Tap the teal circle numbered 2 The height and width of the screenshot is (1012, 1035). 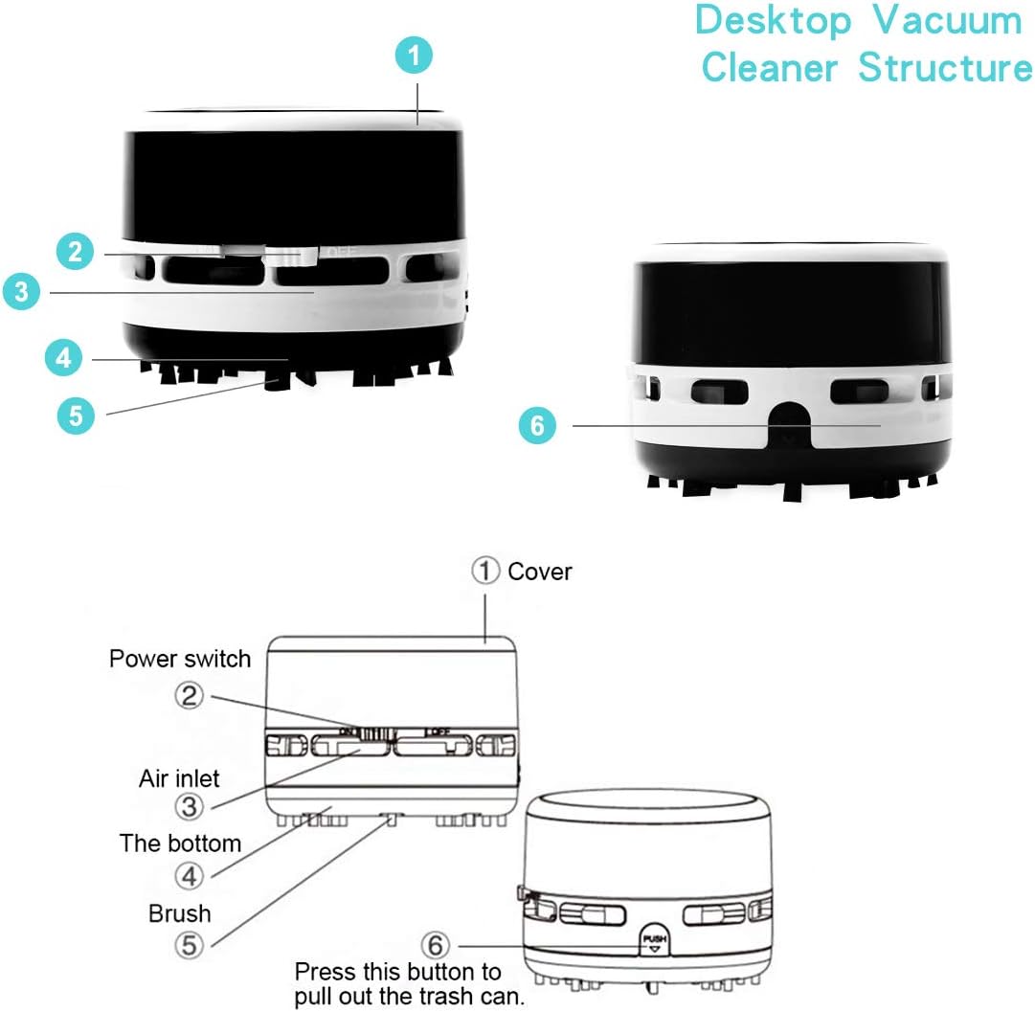[76, 253]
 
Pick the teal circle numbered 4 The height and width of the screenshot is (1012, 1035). [64, 359]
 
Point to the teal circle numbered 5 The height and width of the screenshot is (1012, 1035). [75, 415]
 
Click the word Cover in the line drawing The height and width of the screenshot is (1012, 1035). [540, 573]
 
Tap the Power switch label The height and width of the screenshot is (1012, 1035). [180, 659]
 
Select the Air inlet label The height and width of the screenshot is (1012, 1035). [179, 777]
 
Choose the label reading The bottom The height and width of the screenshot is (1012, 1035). [180, 843]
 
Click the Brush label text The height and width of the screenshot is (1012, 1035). [179, 912]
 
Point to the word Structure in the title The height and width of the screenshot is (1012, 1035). [945, 68]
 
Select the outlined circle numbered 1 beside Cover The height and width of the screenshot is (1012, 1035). [485, 572]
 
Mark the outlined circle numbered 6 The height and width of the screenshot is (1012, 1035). [436, 945]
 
